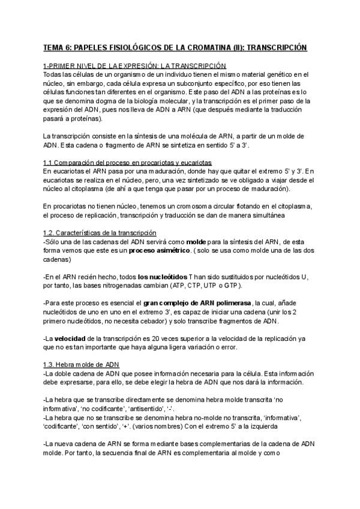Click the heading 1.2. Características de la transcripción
coord(100,233)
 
